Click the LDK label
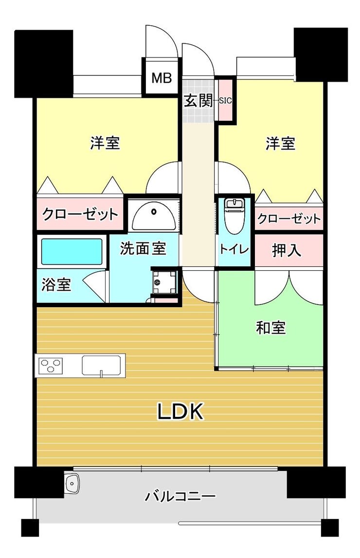click(x=180, y=411)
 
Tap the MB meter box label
click(x=162, y=78)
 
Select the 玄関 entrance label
click(x=198, y=101)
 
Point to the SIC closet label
click(x=225, y=101)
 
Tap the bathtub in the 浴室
click(x=72, y=252)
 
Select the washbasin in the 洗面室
click(x=154, y=215)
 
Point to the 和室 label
click(x=270, y=327)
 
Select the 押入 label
click(x=287, y=250)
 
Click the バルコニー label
click(x=180, y=496)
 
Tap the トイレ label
click(x=234, y=249)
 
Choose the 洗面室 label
click(x=143, y=248)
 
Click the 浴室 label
click(x=56, y=285)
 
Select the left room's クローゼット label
click(x=80, y=214)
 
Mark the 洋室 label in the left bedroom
click(x=105, y=143)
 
